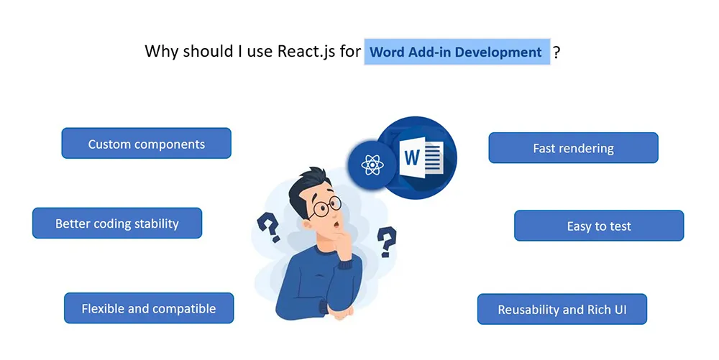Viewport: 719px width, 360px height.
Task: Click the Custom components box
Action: tap(146, 144)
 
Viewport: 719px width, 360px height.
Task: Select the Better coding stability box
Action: tap(117, 223)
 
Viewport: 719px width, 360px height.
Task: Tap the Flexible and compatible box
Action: tap(149, 308)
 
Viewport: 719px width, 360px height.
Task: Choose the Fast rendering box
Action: tap(573, 148)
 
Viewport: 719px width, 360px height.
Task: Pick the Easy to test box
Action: tap(599, 226)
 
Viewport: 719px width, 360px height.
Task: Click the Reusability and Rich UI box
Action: tap(562, 309)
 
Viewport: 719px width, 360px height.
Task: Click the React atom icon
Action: tap(372, 165)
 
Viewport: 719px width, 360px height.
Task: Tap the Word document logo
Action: tap(421, 157)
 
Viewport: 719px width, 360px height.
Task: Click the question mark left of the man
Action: tap(269, 227)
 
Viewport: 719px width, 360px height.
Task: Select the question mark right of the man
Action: tap(387, 241)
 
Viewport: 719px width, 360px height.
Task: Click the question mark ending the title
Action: tap(557, 52)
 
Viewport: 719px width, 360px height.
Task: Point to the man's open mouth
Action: tap(336, 225)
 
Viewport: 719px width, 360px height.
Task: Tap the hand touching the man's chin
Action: tap(342, 246)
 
